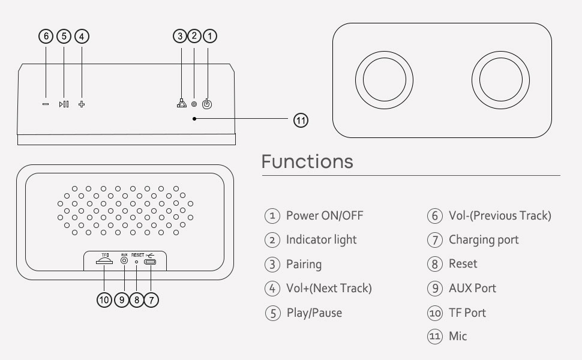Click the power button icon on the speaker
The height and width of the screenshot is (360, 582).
point(207,104)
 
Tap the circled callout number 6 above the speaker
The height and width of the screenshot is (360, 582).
point(46,36)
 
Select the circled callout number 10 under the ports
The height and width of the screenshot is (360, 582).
point(104,299)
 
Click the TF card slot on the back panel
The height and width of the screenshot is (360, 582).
point(104,262)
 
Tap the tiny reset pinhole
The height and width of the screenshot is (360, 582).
point(137,262)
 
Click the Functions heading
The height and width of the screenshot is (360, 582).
point(307,161)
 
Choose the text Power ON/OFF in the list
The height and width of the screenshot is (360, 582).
point(324,215)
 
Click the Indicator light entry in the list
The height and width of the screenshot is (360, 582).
point(321,239)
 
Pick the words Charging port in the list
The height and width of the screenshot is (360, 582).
point(484,239)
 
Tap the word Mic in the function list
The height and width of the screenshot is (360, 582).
point(458,336)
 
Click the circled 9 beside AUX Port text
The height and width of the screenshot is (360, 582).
point(434,288)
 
